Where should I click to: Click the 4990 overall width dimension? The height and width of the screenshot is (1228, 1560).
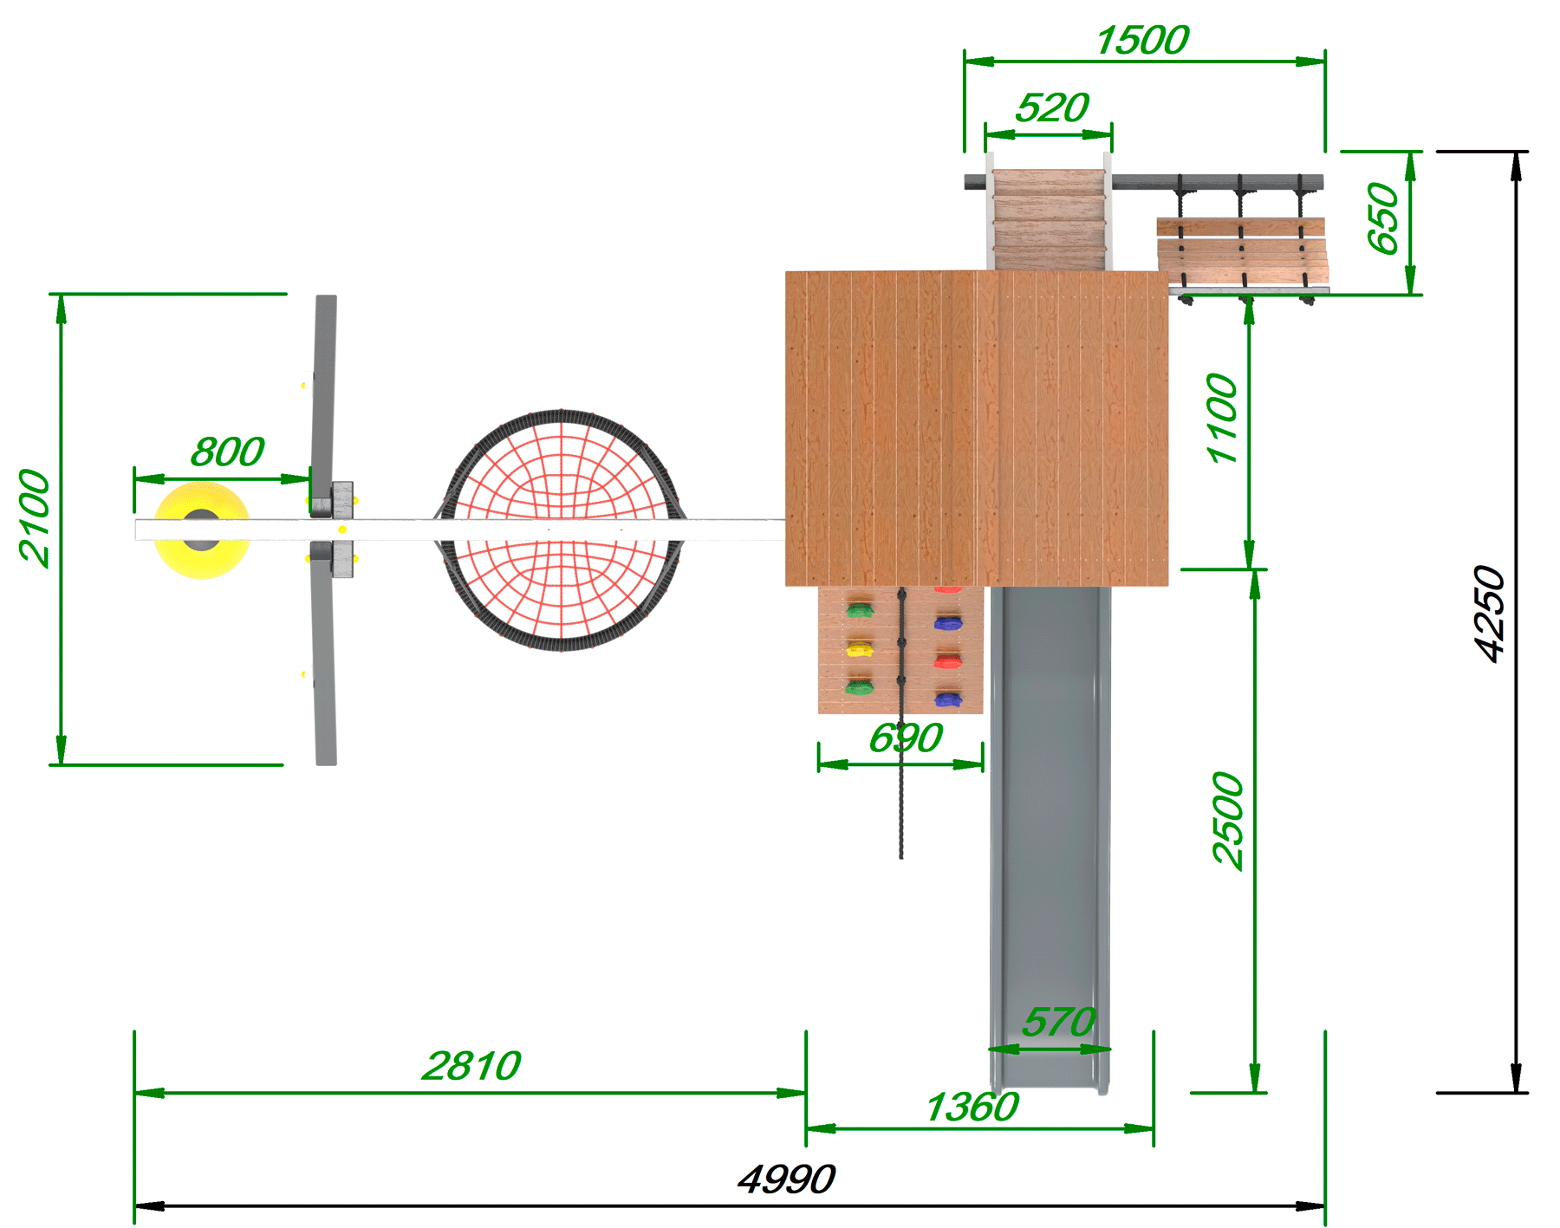pyautogui.click(x=786, y=1179)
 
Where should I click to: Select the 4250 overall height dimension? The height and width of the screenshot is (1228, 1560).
pyautogui.click(x=1491, y=614)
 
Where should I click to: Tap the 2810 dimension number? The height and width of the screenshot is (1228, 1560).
pyautogui.click(x=471, y=1066)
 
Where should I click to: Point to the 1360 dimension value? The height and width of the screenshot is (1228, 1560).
pyautogui.click(x=972, y=1108)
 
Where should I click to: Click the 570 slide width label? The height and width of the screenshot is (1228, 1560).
pyautogui.click(x=1059, y=1023)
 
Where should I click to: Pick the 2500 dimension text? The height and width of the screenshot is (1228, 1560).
pyautogui.click(x=1228, y=820)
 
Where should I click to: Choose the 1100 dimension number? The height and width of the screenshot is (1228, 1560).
pyautogui.click(x=1222, y=419)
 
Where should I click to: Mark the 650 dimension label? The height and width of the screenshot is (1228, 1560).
pyautogui.click(x=1384, y=218)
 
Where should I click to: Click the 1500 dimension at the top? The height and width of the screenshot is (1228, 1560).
pyautogui.click(x=1143, y=41)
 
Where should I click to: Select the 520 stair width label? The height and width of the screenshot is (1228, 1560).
pyautogui.click(x=1052, y=108)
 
